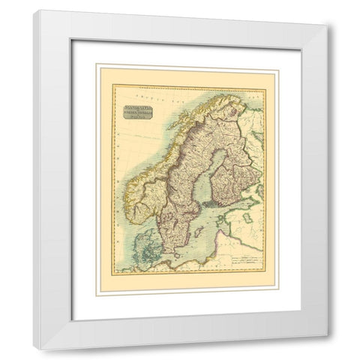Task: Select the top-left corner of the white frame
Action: click(34, 11)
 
